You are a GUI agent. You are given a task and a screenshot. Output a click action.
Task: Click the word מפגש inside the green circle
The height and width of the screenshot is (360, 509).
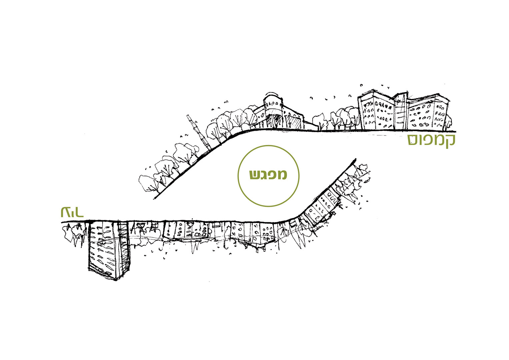(x=268, y=175)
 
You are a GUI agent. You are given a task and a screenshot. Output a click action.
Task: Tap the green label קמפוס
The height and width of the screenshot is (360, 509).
(x=431, y=140)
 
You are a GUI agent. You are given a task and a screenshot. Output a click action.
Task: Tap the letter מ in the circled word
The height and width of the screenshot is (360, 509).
(x=282, y=175)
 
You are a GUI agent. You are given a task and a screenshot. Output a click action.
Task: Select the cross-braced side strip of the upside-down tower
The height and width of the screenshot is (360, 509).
(x=123, y=247)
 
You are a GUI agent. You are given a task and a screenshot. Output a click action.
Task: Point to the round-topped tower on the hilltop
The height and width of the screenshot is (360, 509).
(x=273, y=112)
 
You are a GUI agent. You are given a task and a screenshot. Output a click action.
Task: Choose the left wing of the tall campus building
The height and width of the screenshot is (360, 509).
(x=376, y=112)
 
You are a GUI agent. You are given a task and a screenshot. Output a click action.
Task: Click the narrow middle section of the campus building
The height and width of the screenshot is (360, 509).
(x=400, y=112)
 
